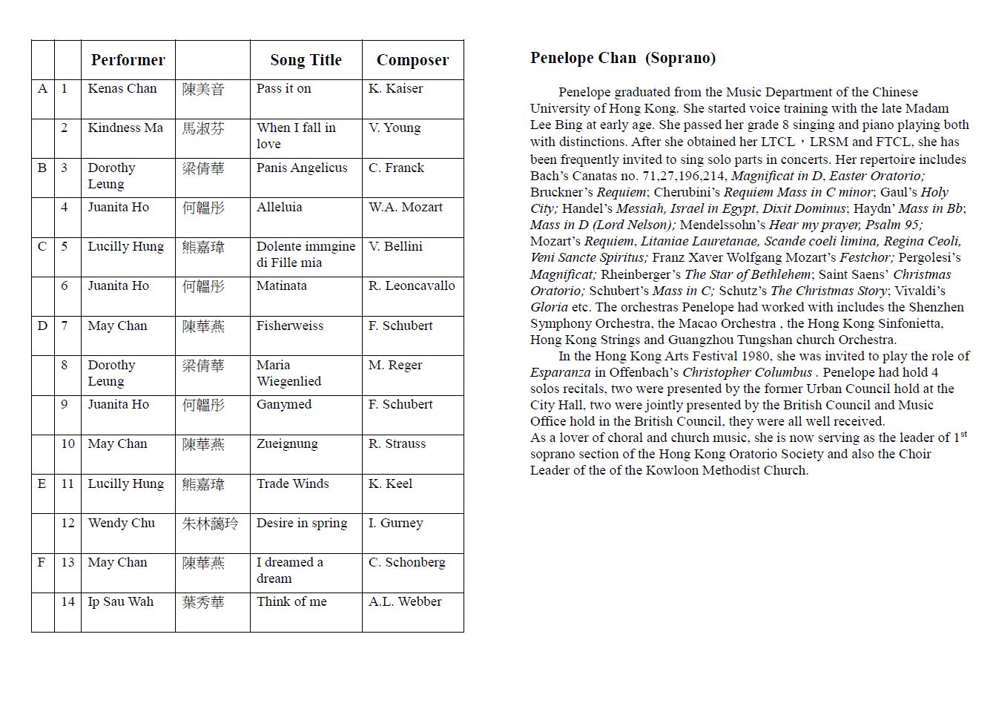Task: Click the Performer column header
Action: coord(128,60)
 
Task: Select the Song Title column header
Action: coord(306,60)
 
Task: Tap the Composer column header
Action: coord(412,60)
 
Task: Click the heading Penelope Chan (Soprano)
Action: coord(623,58)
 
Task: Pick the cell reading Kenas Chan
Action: coord(122,89)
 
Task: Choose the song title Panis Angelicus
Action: coord(302,168)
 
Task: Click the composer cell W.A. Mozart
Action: coord(405,207)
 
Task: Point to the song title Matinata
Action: coord(282,286)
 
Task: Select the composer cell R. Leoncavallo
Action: coord(412,286)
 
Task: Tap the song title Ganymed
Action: coord(284,404)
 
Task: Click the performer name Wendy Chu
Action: coord(122,523)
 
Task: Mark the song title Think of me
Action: coord(291,601)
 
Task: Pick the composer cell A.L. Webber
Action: coord(405,601)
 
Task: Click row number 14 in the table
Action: coord(67,601)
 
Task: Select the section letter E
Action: coord(42,483)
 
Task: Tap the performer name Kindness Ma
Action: coord(125,128)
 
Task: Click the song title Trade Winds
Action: coord(293,483)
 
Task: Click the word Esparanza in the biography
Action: coord(561,372)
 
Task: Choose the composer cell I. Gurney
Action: coord(395,523)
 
